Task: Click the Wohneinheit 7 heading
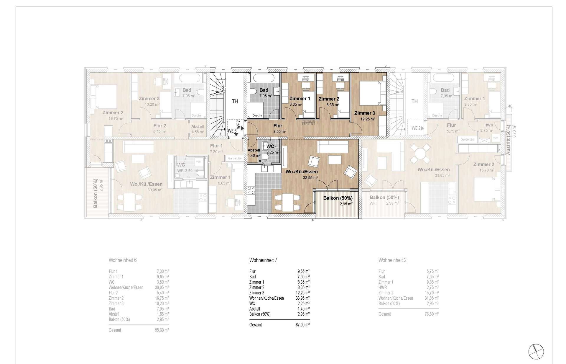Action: [263, 260]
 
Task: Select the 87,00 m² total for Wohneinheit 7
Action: [303, 325]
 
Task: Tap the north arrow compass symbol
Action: [536, 352]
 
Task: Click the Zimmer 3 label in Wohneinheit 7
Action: [365, 113]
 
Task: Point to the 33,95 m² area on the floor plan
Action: [310, 178]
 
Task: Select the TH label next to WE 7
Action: [235, 101]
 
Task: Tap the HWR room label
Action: [488, 125]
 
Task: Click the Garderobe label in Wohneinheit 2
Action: [467, 139]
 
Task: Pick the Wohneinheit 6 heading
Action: [123, 260]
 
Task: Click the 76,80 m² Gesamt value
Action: [432, 314]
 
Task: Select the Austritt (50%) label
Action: [508, 140]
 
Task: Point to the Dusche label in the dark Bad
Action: [257, 115]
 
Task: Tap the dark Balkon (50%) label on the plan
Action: [338, 198]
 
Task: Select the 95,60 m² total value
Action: [162, 330]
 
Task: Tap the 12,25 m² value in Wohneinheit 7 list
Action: [303, 293]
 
